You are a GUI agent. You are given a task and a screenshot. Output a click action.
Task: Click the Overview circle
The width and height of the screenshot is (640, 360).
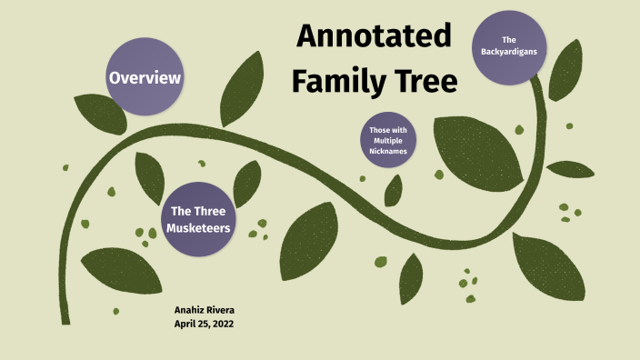tap(145, 78)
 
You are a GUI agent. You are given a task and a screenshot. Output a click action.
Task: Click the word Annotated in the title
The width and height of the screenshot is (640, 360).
tap(374, 37)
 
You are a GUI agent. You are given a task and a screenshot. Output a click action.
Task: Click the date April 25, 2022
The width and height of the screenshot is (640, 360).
tap(205, 325)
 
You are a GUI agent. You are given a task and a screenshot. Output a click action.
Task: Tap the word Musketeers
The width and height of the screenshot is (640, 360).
tap(198, 228)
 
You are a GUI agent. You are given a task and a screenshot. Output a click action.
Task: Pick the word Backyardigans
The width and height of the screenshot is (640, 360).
tap(509, 52)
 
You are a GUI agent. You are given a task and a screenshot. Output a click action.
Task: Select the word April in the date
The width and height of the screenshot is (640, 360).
tap(185, 325)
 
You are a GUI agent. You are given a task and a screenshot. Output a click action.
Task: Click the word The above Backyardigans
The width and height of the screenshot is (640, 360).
tap(509, 40)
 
